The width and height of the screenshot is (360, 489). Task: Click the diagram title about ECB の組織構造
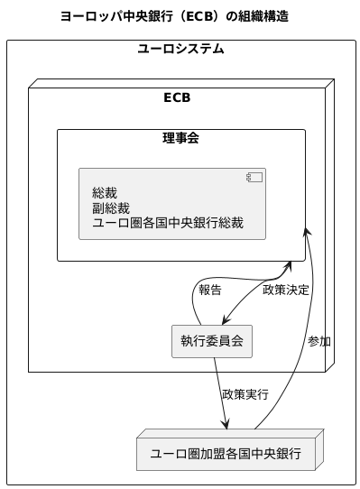click(173, 16)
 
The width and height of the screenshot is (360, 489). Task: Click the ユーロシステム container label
click(180, 49)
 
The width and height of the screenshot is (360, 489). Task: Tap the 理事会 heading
click(180, 138)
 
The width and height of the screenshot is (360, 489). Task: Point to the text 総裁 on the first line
click(105, 192)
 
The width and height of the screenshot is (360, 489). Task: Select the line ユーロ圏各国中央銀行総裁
click(168, 223)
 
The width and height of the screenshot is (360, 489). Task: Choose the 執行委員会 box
click(211, 340)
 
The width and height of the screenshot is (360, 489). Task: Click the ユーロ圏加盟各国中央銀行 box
click(225, 452)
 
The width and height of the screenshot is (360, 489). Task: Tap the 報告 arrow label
click(209, 291)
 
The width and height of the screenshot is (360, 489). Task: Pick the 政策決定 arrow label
click(285, 291)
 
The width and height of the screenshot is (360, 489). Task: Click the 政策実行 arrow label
click(245, 394)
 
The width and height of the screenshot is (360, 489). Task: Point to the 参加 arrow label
click(318, 341)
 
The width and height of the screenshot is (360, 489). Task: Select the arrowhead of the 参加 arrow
click(308, 225)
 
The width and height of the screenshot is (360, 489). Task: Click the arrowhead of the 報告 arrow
click(289, 265)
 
